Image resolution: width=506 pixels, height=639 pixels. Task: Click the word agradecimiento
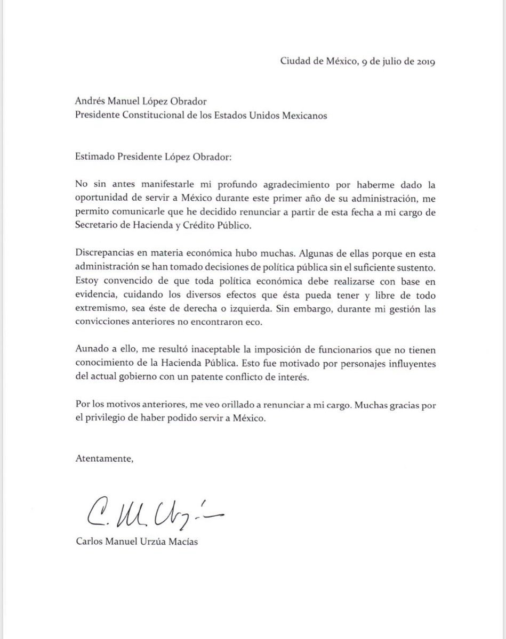[245, 184]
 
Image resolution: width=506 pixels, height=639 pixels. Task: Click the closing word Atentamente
[101, 457]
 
